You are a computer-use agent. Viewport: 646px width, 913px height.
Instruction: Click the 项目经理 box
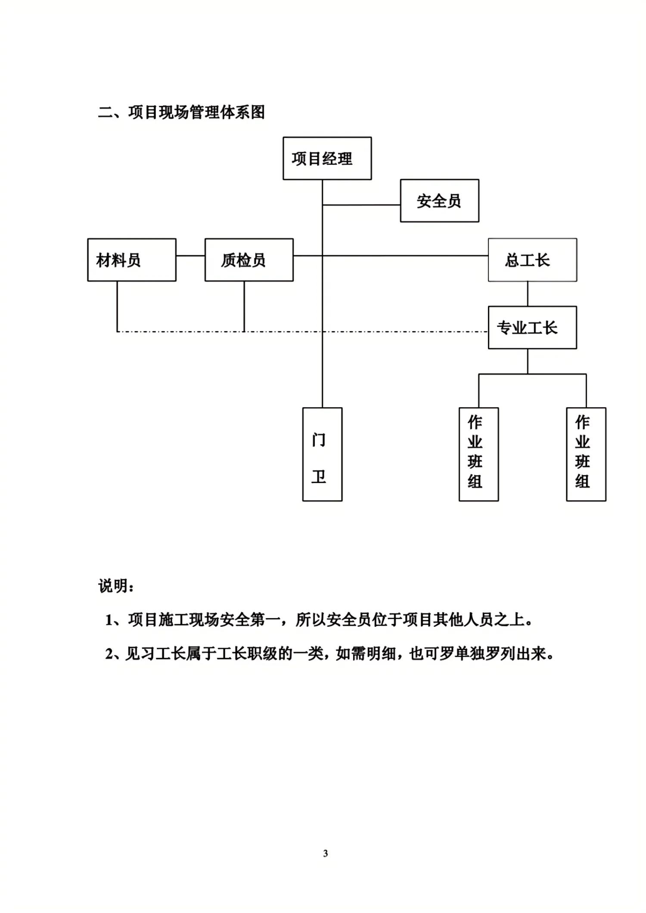tap(327, 158)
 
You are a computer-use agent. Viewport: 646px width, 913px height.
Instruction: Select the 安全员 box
tap(439, 201)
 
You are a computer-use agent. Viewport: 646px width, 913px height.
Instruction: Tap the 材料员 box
tap(131, 260)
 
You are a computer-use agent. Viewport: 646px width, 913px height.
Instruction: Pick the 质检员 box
tap(249, 260)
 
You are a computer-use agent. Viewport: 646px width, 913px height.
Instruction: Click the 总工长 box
tap(532, 260)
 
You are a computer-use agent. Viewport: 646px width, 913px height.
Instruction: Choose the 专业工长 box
tap(532, 328)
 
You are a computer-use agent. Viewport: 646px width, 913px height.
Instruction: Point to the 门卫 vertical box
tap(322, 454)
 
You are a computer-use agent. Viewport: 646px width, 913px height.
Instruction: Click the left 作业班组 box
tap(478, 454)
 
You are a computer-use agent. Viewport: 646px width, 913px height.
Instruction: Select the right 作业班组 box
tap(586, 454)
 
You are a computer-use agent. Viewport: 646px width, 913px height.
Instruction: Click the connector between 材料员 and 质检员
tap(190, 256)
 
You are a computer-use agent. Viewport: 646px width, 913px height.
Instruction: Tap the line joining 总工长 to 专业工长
tap(528, 294)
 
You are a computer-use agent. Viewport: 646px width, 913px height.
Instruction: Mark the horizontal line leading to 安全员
tap(362, 205)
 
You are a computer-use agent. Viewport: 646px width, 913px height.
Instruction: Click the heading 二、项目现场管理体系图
tap(181, 112)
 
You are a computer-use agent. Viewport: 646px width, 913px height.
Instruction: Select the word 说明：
tap(116, 586)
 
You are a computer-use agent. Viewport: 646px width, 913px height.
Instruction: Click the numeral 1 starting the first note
tap(109, 620)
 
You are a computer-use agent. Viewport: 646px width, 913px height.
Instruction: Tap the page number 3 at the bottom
tap(326, 853)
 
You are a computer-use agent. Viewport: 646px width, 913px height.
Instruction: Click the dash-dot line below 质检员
tap(280, 331)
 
